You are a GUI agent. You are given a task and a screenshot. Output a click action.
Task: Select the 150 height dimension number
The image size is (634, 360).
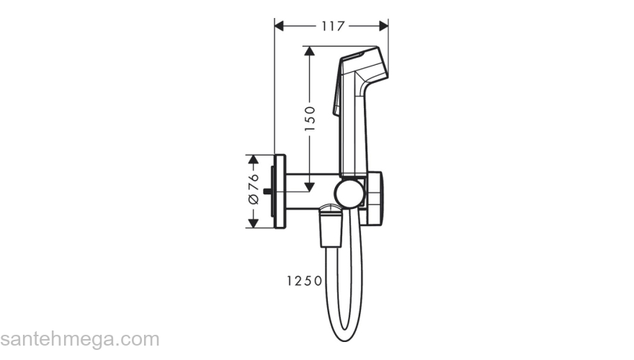(310, 119)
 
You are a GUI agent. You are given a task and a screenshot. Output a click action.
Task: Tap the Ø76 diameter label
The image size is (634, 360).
(253, 191)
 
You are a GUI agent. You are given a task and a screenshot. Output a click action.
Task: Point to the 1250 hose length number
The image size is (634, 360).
(302, 281)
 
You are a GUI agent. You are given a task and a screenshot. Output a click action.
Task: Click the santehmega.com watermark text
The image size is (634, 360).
(79, 338)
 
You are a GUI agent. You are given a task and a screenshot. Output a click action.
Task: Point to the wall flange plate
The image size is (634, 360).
(281, 192)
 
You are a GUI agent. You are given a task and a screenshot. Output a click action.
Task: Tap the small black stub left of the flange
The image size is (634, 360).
(268, 192)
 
